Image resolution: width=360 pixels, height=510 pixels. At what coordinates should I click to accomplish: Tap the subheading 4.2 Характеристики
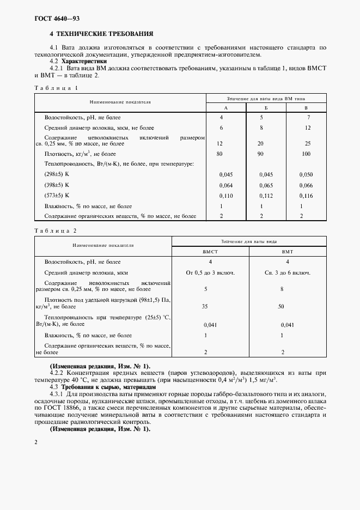pos(83,62)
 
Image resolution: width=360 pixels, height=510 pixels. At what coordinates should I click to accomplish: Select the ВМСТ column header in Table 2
pos(210,251)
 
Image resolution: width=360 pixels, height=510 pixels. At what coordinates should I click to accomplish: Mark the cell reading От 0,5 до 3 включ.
pos(210,272)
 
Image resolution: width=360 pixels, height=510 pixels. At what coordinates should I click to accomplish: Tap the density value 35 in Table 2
pos(205,307)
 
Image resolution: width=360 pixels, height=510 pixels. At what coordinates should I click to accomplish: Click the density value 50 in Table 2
pos(282,307)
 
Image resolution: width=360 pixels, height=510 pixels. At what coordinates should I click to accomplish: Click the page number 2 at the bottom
pos(36,442)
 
